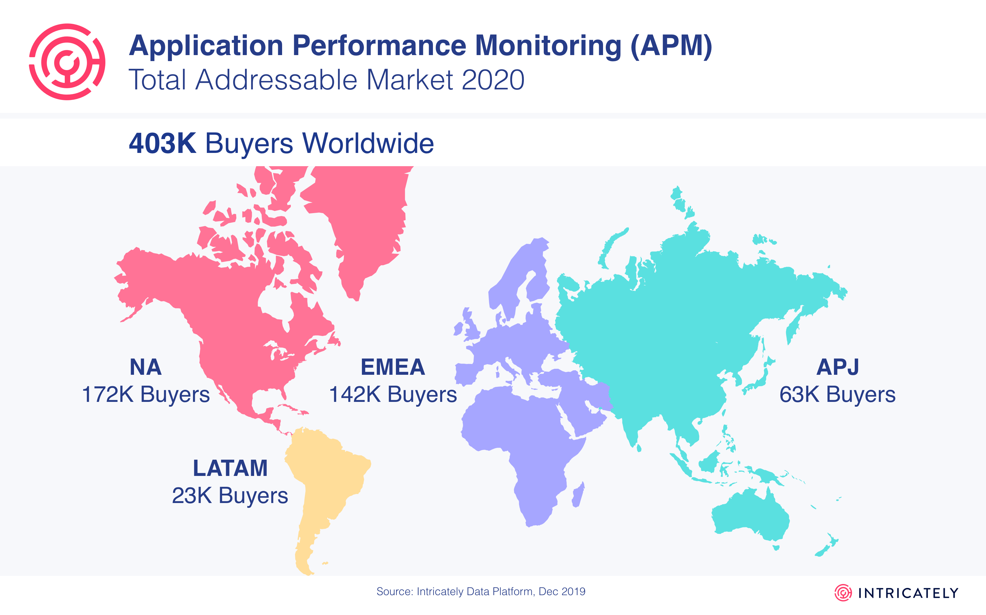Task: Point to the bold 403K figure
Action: click(x=162, y=143)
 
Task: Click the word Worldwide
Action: click(x=368, y=143)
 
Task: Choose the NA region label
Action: click(x=146, y=367)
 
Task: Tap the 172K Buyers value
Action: click(x=146, y=395)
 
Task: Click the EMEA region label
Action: click(x=393, y=367)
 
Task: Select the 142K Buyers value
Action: click(x=393, y=395)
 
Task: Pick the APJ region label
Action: click(x=838, y=367)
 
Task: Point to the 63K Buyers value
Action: click(x=838, y=395)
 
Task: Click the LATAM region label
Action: click(x=230, y=468)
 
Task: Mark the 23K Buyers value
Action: click(x=230, y=495)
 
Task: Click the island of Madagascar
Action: click(x=578, y=495)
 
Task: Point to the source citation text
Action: click(x=481, y=592)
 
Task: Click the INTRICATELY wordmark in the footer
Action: click(x=908, y=593)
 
